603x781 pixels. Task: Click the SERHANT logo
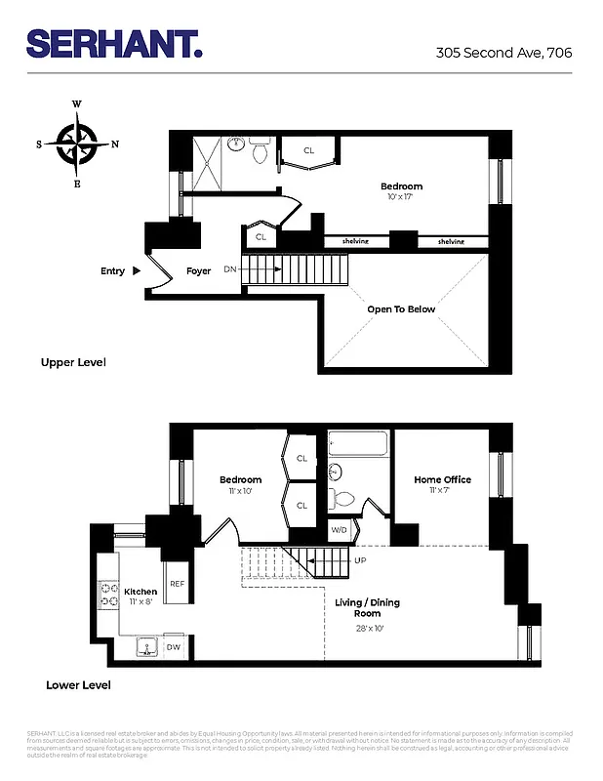(114, 44)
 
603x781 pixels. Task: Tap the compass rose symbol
(77, 144)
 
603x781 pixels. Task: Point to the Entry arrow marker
(138, 270)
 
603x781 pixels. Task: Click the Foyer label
(199, 271)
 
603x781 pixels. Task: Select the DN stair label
(230, 268)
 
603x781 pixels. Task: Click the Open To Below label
(401, 309)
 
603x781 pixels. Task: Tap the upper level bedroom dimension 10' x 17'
(401, 196)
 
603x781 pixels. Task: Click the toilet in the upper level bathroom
(260, 153)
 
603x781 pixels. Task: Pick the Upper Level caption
(73, 363)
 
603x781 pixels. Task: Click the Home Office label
(442, 479)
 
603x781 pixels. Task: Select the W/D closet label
(340, 531)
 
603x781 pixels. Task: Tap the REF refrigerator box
(177, 584)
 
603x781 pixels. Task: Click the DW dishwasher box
(173, 647)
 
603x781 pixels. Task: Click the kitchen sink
(147, 646)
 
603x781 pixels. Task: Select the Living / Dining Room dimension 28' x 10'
(368, 629)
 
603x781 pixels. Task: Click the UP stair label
(359, 561)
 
